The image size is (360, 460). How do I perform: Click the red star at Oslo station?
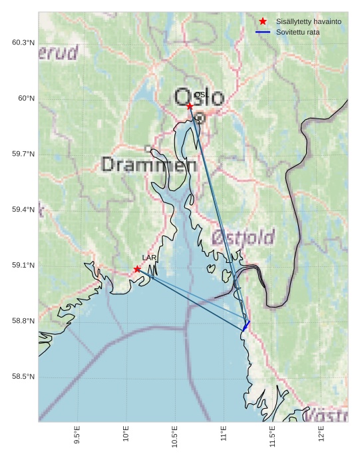pos(190,106)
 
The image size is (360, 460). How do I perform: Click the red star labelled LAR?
pos(137,269)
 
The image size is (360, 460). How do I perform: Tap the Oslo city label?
pos(199,98)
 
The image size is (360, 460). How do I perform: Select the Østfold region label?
pos(243,237)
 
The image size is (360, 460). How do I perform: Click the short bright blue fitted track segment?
pos(246,324)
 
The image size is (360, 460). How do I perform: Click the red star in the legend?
pos(263,21)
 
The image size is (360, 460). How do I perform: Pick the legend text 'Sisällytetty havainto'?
pos(309,21)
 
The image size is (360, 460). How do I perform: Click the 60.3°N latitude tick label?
pos(23,43)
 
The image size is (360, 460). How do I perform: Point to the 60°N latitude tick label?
pos(26,99)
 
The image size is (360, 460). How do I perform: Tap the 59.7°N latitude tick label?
pos(23,154)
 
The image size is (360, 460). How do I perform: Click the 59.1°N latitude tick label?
pos(23,265)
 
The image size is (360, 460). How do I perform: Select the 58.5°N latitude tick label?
pos(23,376)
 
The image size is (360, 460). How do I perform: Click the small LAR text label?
pos(149,258)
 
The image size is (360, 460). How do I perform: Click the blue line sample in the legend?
pos(263,32)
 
